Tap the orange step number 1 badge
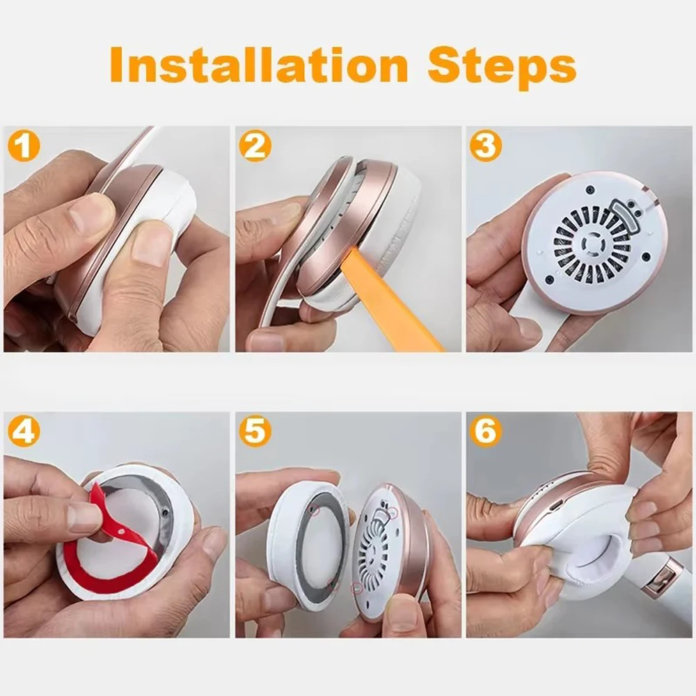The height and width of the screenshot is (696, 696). tap(23, 146)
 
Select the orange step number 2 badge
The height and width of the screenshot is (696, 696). tap(254, 146)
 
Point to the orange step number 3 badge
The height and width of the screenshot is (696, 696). tap(485, 146)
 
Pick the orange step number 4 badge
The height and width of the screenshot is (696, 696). tap(23, 432)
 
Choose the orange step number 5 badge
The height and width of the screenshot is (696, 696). tap(254, 432)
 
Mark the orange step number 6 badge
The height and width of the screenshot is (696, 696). tap(485, 432)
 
